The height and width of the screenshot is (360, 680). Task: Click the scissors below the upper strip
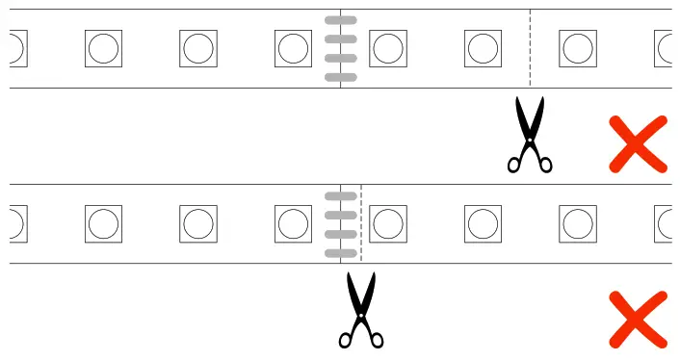(x=529, y=135)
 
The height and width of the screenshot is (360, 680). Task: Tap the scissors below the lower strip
(x=361, y=310)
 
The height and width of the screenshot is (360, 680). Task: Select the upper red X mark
(x=638, y=144)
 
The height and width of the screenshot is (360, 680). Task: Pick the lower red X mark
(x=638, y=320)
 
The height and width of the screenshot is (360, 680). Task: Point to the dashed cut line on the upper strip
(x=530, y=48)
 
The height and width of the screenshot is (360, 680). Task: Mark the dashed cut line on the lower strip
(x=361, y=223)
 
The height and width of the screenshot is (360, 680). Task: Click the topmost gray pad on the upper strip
(x=341, y=20)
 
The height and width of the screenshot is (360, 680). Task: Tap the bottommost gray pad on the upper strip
(x=341, y=77)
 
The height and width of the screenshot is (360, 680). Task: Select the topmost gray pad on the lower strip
(x=341, y=196)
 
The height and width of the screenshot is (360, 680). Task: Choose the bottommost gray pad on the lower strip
(x=341, y=253)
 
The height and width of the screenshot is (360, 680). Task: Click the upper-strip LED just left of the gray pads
(x=293, y=48)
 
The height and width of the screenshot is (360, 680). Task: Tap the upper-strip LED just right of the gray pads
(x=387, y=48)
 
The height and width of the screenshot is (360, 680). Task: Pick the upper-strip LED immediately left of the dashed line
(x=483, y=48)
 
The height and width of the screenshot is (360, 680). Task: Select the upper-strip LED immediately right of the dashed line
(x=577, y=48)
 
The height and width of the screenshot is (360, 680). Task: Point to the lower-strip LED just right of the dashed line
(x=387, y=223)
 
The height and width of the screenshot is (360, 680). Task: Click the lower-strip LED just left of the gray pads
(x=293, y=223)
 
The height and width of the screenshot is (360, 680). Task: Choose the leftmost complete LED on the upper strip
(x=103, y=48)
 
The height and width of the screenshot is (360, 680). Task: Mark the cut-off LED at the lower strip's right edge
(x=665, y=223)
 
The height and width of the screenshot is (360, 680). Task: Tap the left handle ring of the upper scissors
(x=515, y=165)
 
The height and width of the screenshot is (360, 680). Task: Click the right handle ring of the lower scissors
(x=376, y=340)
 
